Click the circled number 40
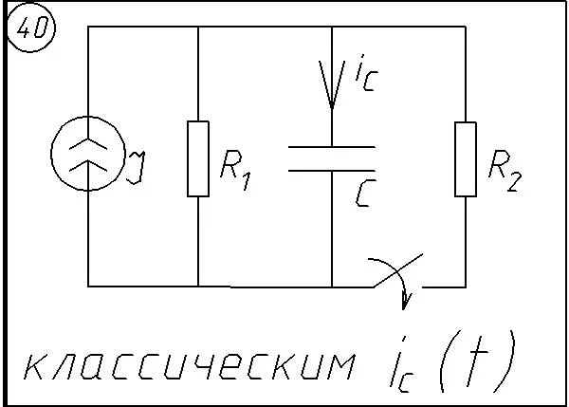coord(31,28)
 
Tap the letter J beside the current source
coord(136,167)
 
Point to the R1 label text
coord(235,170)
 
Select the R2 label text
coord(505,170)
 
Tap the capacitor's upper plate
coord(332,147)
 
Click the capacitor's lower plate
coord(332,170)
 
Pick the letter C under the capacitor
coord(365,194)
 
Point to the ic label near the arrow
coord(366,73)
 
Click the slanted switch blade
coord(398,270)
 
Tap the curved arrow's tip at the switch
coord(404,309)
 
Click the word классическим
coord(190,365)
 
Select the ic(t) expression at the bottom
coord(452,362)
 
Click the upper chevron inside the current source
coord(88,143)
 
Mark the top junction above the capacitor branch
coord(332,27)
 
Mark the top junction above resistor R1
coord(198,27)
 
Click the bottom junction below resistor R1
coord(198,287)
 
